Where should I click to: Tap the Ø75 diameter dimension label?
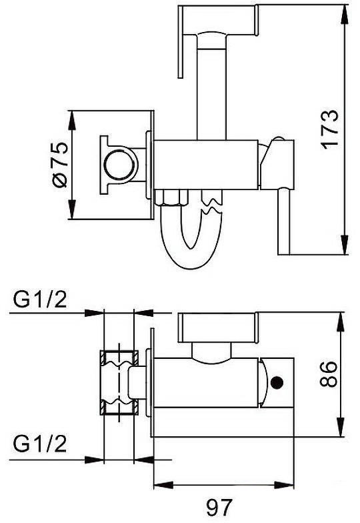coord(60,165)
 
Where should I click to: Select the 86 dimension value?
coord(328,374)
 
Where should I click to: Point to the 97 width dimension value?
coord(219,507)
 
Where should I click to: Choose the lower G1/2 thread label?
coord(40,444)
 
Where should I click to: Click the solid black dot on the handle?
coord(277,382)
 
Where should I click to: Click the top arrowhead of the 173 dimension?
coord(345,14)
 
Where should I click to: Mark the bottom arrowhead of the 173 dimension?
coord(345,245)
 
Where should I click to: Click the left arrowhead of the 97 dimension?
coord(164,484)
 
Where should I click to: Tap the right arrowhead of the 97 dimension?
coord(284,484)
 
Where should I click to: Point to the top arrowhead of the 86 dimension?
coord(341,322)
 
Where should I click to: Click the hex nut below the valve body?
coord(172,197)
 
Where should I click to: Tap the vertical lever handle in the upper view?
coord(180,41)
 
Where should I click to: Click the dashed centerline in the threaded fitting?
coord(119,382)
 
